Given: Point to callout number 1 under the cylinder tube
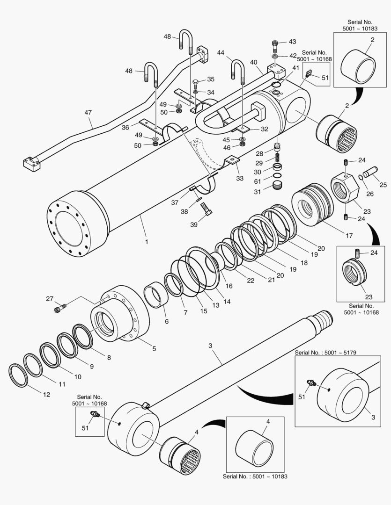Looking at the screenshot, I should [x=147, y=242].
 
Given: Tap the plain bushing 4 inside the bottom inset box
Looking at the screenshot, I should [x=255, y=447].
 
